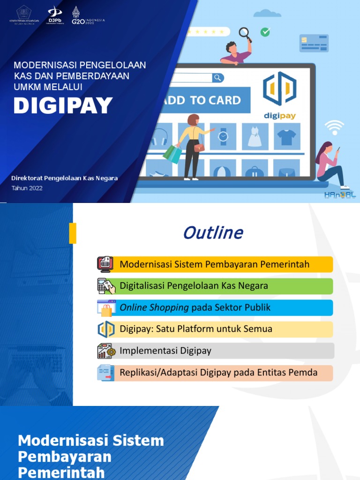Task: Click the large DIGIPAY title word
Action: point(63,105)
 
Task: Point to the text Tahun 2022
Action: point(27,188)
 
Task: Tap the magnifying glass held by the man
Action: point(245,33)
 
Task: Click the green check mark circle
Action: point(265,32)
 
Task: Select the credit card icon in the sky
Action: point(314,43)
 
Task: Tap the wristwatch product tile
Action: point(223,136)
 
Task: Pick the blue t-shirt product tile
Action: point(286,136)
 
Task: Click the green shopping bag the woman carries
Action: point(172,153)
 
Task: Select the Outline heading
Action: point(213,232)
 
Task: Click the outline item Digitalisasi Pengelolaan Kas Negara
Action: point(194,285)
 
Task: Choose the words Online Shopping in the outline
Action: point(154,307)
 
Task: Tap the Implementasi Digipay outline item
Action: point(165,351)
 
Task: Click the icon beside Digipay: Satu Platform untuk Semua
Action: point(106,329)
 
